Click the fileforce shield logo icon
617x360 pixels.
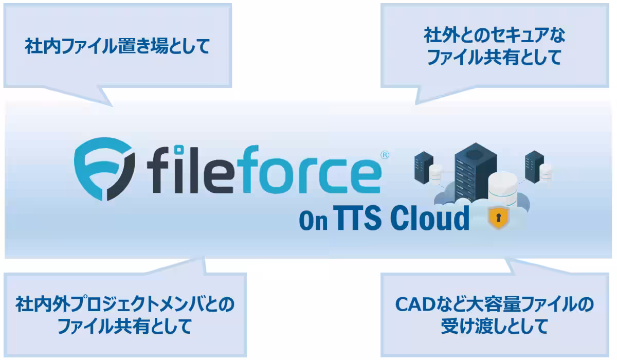tap(105, 169)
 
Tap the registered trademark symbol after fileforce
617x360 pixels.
tap(385, 155)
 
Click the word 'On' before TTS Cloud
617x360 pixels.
tap(314, 220)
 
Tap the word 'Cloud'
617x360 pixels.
tap(429, 218)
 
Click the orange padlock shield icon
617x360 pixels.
tap(499, 218)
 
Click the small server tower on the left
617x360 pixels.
tap(423, 168)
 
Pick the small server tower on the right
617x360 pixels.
tap(534, 167)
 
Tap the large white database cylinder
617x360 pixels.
tap(502, 190)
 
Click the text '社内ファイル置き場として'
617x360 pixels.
tap(118, 46)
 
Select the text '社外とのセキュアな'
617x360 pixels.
tap(495, 35)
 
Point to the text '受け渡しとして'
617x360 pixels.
tap(495, 326)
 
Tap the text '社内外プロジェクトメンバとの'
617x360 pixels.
tap(125, 304)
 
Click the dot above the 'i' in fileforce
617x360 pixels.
tap(179, 150)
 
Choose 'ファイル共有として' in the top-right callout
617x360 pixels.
tap(495, 57)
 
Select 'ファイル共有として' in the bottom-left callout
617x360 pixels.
tap(125, 326)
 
